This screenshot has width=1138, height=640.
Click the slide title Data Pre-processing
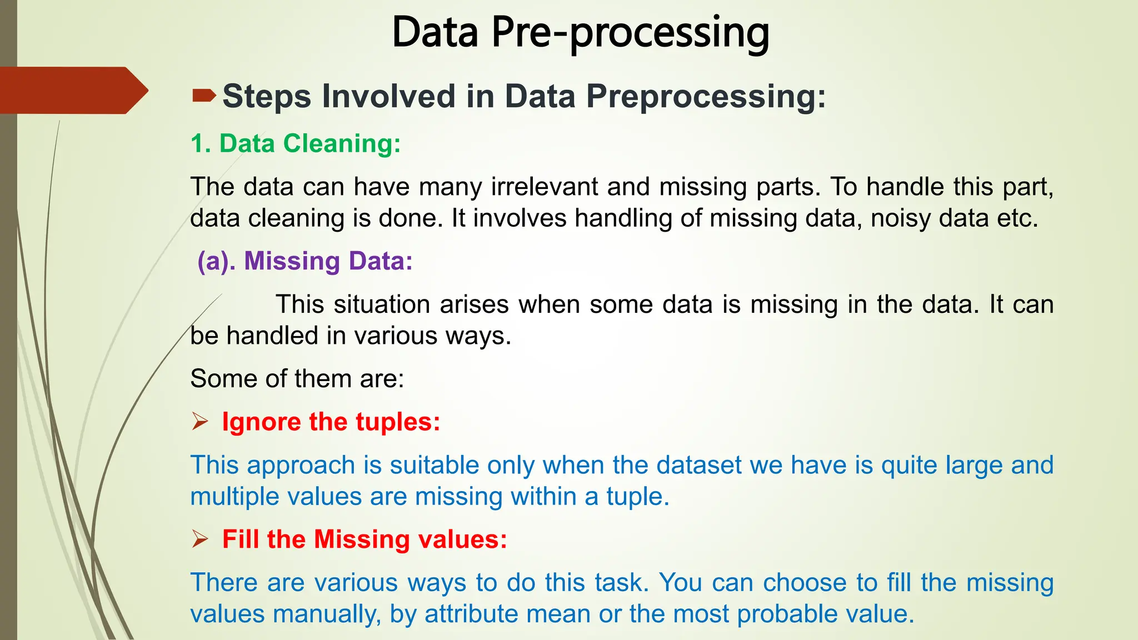tap(580, 33)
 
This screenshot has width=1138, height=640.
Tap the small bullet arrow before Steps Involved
tap(203, 96)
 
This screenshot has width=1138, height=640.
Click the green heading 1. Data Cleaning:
tap(295, 143)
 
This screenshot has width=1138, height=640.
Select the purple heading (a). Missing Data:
tap(305, 261)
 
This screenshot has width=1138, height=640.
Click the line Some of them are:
tap(297, 379)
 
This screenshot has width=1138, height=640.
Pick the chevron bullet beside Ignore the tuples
tap(200, 422)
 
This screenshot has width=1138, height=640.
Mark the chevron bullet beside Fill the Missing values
tap(200, 539)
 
